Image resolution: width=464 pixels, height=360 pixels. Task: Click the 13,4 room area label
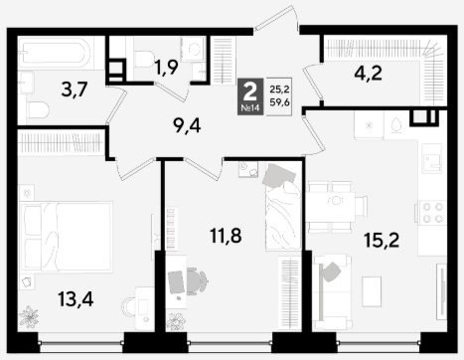tap(76, 299)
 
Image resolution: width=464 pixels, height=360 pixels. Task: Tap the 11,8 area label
tap(226, 236)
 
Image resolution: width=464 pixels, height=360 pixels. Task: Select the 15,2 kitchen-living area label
tap(382, 240)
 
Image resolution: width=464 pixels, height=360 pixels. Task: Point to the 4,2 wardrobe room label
tap(368, 74)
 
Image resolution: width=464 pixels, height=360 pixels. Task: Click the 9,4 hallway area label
tap(187, 125)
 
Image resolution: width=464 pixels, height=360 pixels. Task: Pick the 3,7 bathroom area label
tap(75, 90)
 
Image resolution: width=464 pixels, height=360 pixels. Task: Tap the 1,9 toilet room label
tap(167, 68)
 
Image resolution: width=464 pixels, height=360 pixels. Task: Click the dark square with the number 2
tap(250, 96)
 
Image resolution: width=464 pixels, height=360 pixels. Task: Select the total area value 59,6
tap(280, 102)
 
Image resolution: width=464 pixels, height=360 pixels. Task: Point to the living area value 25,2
tap(280, 90)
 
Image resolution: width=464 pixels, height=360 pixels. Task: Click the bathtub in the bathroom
tap(54, 52)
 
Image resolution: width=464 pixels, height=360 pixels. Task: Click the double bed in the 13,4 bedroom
tap(67, 237)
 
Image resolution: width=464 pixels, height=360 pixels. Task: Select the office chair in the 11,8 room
tap(196, 281)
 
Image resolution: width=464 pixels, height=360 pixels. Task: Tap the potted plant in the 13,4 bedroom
tap(29, 317)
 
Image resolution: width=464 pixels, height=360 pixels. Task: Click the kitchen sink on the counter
tap(432, 158)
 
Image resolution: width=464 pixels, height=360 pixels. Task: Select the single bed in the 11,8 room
tap(282, 207)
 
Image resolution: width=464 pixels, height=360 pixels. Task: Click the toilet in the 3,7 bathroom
tap(39, 109)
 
